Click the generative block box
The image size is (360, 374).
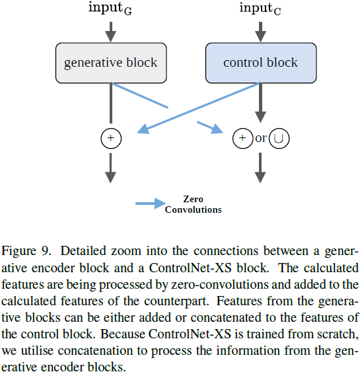click(x=110, y=63)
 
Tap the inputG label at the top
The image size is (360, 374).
click(x=110, y=9)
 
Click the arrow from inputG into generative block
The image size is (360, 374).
click(x=110, y=30)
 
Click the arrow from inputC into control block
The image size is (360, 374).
click(x=260, y=30)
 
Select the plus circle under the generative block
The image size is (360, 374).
click(x=111, y=138)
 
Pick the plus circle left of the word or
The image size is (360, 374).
click(x=243, y=139)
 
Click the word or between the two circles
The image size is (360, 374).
click(x=262, y=139)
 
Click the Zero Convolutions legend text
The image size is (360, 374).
click(x=193, y=204)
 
